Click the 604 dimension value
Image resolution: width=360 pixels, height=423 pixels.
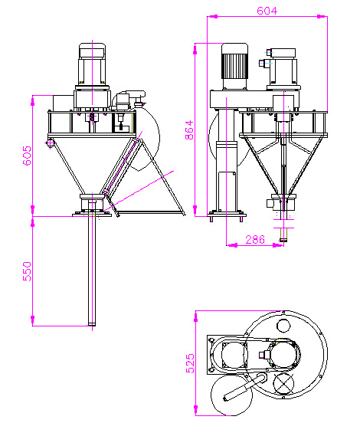(267, 11)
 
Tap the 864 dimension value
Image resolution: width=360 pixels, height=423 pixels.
(189, 130)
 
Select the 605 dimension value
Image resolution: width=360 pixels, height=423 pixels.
(27, 156)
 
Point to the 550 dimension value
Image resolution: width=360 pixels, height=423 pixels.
(27, 271)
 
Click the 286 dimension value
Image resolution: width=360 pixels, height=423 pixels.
(255, 240)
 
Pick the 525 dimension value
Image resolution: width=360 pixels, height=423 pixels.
(190, 363)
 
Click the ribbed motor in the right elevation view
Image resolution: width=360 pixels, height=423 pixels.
(234, 66)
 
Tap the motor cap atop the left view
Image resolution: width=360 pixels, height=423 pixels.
(92, 50)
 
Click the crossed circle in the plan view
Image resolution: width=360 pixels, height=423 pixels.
(283, 384)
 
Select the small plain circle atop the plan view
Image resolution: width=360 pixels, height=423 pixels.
(283, 326)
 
